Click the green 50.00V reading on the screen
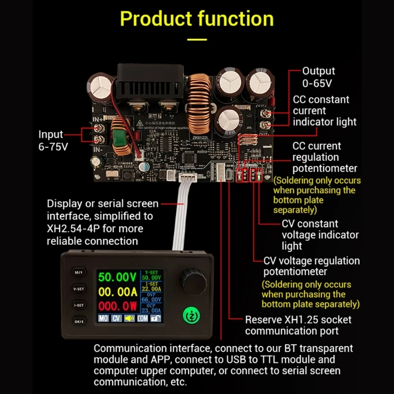pos(117,277)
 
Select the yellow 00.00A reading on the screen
pos(117,292)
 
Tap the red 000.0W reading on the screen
pos(117,306)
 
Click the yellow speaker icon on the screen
pos(129,319)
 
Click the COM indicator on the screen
pos(142,319)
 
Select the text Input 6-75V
pos(51,140)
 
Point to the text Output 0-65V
pos(318,77)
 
